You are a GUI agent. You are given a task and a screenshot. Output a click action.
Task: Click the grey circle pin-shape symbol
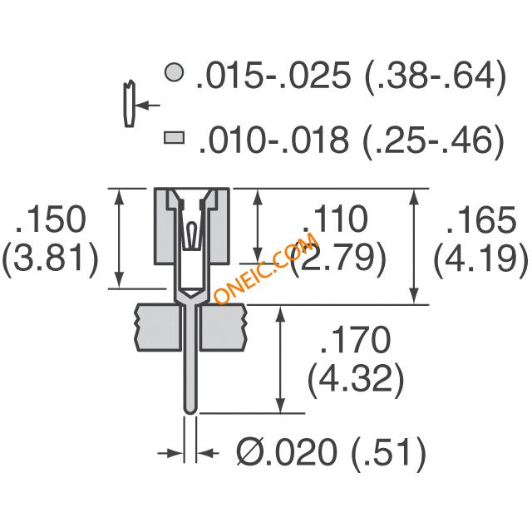175,72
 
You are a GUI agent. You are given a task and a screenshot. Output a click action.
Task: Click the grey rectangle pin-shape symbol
175,138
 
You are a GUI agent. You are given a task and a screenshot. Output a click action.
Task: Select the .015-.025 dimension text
273,75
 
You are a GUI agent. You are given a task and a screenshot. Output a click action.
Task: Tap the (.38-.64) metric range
435,76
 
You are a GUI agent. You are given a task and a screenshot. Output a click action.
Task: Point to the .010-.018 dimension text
274,140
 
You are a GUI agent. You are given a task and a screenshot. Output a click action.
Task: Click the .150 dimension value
51,219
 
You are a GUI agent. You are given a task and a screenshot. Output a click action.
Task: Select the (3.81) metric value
51,258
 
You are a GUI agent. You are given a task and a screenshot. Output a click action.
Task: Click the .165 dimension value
481,219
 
